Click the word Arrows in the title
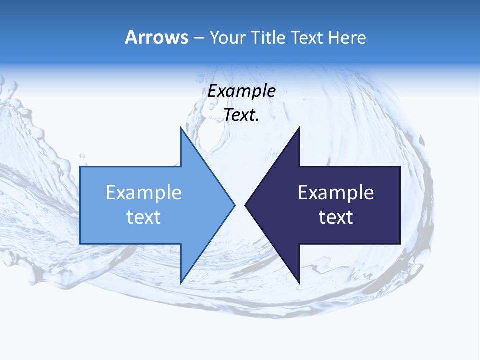[156, 37]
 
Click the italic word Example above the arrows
[241, 91]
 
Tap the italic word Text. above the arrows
[241, 115]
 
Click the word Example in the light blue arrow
[143, 192]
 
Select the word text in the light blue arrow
[143, 217]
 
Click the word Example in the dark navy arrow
[336, 192]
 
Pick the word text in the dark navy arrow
[336, 217]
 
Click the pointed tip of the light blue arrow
[235, 205]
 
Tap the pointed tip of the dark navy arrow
[245, 205]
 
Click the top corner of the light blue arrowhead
[181, 127]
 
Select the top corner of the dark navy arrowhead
[299, 127]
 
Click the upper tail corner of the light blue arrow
[80, 167]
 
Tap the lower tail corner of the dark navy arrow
[400, 244]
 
